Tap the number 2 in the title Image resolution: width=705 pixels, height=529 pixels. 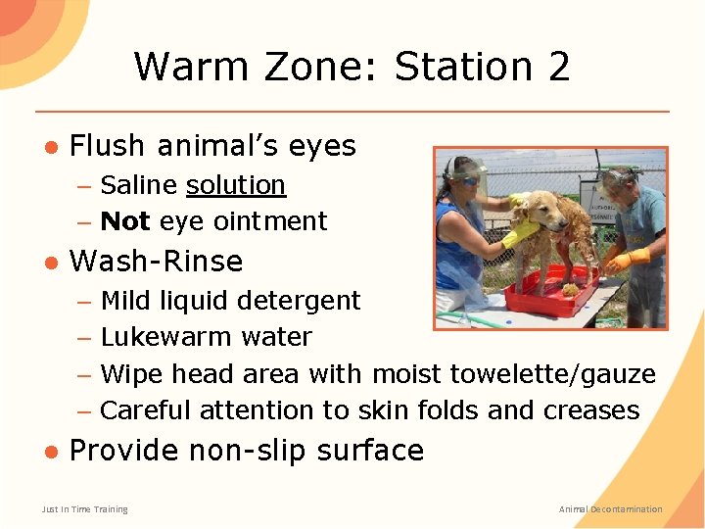(559, 67)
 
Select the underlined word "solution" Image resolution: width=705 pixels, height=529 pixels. (235, 185)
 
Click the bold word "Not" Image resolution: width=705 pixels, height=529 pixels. (124, 221)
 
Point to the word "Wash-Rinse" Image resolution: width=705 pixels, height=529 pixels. (156, 262)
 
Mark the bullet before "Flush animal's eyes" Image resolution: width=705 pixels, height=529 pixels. (50, 147)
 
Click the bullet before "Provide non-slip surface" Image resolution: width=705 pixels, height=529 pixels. (50, 452)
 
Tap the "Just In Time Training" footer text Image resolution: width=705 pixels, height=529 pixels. (84, 509)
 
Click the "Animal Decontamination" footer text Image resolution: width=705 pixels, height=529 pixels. (610, 509)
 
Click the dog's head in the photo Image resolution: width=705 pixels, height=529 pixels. (540, 207)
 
